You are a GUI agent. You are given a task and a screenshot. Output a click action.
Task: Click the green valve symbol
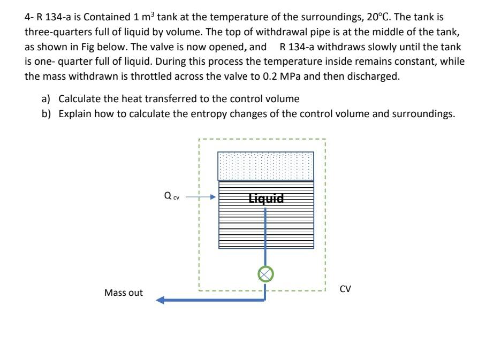264,274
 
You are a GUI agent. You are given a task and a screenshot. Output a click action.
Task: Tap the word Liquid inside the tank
266,199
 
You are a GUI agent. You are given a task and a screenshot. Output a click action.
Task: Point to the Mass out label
124,293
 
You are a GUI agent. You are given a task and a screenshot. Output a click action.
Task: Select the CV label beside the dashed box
345,289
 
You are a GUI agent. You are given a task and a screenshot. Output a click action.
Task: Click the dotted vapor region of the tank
265,166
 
